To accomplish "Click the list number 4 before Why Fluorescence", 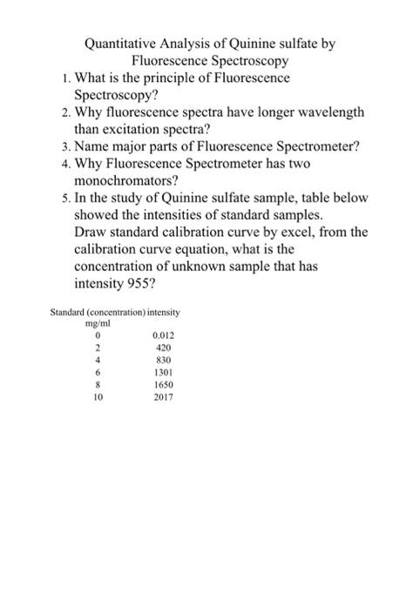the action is [x=55, y=167].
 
